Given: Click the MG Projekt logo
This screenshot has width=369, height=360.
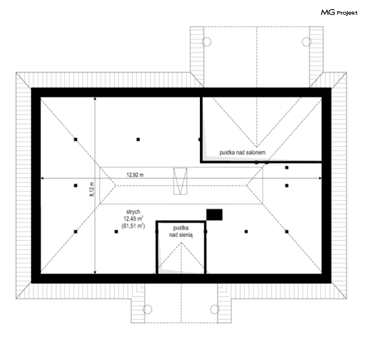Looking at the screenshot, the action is (339, 12).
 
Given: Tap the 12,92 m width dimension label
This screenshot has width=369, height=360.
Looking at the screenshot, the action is (135, 175).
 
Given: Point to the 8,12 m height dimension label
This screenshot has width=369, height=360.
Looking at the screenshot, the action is (91, 189).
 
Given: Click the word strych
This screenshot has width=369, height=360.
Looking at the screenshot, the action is (133, 212).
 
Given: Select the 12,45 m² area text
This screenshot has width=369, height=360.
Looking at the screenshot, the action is (134, 219).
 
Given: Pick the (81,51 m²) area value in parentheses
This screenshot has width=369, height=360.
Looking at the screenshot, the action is (133, 226).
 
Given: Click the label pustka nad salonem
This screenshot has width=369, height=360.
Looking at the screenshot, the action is (242, 153).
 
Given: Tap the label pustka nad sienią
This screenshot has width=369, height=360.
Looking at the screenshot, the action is (181, 231).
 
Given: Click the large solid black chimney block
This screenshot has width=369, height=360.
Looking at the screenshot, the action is (214, 215).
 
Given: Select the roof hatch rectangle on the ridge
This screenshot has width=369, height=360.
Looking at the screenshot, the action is (180, 181).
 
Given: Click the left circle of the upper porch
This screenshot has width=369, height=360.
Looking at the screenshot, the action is (207, 42).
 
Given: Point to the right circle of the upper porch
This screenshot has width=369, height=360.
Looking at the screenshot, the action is (307, 42).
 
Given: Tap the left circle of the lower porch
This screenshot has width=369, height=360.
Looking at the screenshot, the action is (147, 309).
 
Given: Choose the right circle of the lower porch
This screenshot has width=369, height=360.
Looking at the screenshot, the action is (215, 309).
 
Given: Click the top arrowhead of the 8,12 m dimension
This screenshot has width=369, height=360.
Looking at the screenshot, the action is (95, 99).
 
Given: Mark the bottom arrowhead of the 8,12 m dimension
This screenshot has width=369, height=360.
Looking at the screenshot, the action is (95, 272).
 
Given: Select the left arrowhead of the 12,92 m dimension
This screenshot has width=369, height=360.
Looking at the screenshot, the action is (43, 178).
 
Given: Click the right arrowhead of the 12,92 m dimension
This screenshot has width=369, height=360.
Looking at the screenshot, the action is (320, 178).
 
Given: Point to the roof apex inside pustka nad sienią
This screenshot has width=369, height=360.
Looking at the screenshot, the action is (181, 243).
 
